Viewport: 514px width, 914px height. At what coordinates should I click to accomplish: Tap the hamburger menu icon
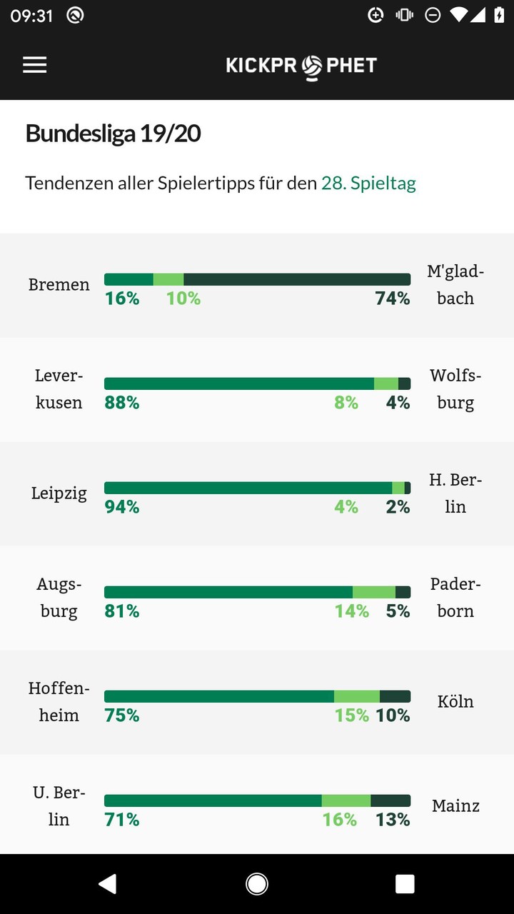(x=34, y=65)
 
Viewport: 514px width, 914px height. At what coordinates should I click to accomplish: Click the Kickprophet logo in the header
(x=301, y=66)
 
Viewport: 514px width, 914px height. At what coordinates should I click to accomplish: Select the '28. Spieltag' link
(x=368, y=184)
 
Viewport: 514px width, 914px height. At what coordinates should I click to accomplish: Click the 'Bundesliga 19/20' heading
(x=113, y=134)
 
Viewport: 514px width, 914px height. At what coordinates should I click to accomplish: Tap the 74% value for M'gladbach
(x=393, y=298)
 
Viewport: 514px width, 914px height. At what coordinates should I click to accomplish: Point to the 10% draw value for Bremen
(x=183, y=298)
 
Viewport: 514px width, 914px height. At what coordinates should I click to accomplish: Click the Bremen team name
(x=59, y=285)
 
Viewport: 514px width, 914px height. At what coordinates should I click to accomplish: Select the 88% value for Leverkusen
(x=122, y=403)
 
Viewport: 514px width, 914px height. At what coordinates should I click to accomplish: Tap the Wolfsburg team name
(x=455, y=389)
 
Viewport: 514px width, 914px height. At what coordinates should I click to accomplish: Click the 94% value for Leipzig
(x=122, y=507)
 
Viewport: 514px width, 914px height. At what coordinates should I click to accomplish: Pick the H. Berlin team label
(x=455, y=493)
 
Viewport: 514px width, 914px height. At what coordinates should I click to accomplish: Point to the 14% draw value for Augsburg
(x=352, y=611)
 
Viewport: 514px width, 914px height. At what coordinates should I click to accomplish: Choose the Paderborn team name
(x=455, y=598)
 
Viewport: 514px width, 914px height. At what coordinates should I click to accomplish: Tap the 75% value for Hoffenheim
(x=122, y=715)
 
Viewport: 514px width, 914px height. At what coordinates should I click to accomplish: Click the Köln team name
(x=455, y=702)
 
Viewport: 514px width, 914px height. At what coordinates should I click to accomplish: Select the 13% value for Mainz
(x=393, y=820)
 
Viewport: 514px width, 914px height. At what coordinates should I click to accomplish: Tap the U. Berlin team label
(x=59, y=806)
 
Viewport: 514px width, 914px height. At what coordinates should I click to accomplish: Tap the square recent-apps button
(x=405, y=884)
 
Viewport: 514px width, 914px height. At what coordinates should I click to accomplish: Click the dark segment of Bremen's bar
(x=297, y=279)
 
